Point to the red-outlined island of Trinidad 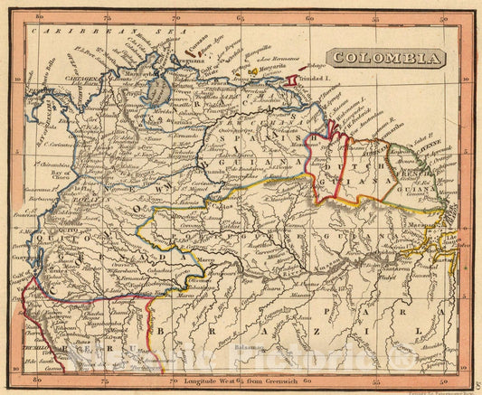click(x=291, y=82)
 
